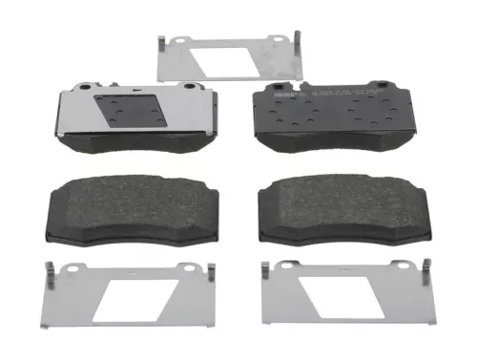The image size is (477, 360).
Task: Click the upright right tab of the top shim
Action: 298,42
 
